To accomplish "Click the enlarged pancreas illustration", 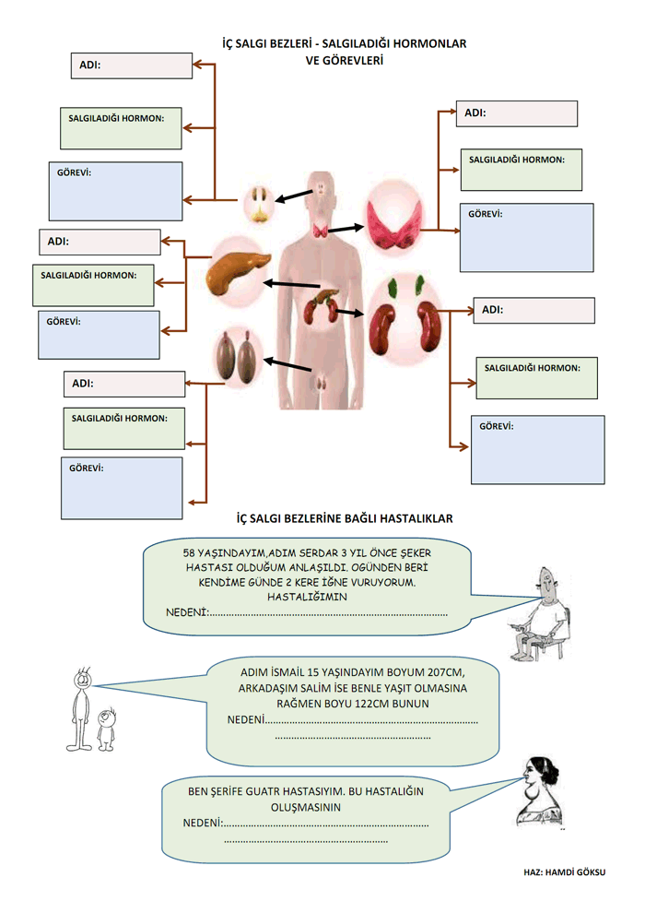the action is pos(239,270).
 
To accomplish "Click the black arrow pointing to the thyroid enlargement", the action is pos(346,229).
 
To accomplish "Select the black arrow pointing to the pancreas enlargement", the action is pos(291,284).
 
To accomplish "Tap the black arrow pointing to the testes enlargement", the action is pos(287,364).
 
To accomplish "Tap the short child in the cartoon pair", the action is pos(107,729).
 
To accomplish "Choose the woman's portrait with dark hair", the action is pos(539,791).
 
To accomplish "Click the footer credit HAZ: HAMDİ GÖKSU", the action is pos(564,872).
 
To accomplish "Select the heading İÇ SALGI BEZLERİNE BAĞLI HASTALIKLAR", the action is pos(345,518).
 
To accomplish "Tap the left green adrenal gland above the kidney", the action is pos(393,287).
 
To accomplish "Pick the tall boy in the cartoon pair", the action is pos(81,709).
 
